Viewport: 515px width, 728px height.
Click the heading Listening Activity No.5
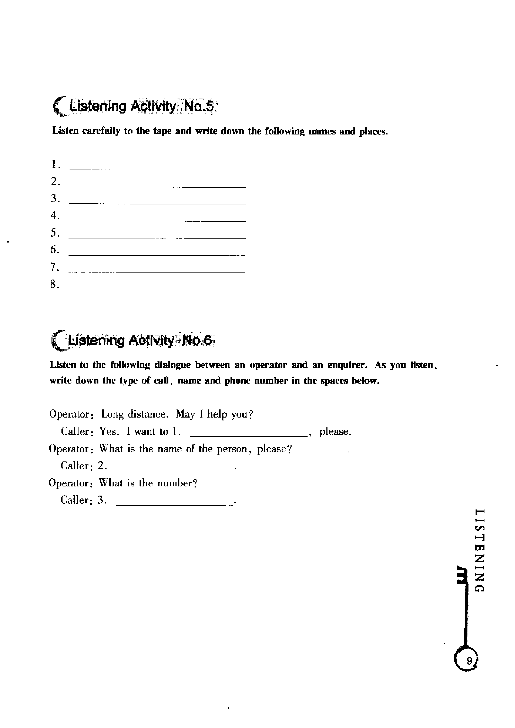(135, 106)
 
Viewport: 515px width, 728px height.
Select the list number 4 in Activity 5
(55, 216)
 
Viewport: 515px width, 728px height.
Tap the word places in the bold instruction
(373, 132)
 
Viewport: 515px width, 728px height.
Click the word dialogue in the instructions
(172, 365)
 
